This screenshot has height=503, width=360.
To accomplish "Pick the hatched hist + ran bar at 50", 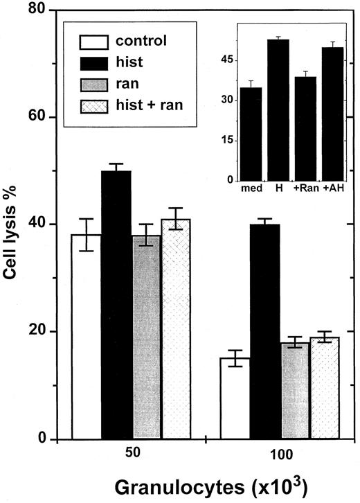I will click(x=176, y=333).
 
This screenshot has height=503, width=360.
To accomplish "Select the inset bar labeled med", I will click(x=250, y=134).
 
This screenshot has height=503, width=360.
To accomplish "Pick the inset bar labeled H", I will click(x=278, y=111).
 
